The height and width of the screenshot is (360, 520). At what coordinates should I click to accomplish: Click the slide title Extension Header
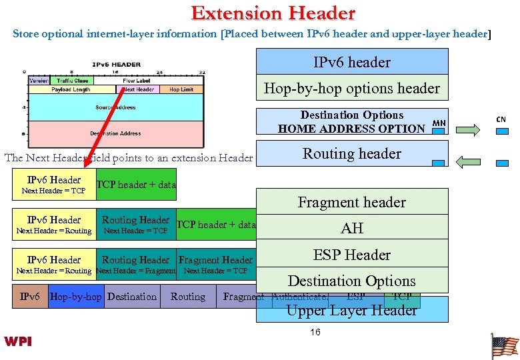(273, 13)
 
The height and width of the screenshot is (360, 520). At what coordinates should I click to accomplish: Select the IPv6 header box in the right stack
(352, 62)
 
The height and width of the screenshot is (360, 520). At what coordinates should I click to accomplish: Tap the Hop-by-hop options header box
(352, 88)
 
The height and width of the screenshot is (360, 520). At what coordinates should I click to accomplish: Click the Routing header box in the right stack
(352, 153)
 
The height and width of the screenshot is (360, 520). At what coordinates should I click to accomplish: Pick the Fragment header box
(352, 202)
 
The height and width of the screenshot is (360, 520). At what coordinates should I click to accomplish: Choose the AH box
(352, 228)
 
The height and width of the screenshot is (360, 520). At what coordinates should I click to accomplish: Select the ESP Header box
(352, 255)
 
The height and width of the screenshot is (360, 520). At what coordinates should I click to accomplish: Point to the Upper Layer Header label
(352, 310)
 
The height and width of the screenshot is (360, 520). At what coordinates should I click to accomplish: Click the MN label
(439, 123)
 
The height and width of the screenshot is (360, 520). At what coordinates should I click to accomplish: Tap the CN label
(501, 119)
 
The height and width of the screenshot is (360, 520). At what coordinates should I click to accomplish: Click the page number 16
(315, 332)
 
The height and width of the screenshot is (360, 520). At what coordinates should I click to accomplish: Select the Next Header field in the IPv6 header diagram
(138, 89)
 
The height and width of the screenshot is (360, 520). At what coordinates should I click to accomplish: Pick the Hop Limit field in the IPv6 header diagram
(181, 89)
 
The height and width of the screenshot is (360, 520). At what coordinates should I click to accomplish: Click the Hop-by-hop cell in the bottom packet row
(76, 297)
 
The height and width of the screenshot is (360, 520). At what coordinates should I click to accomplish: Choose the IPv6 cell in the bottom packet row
(30, 297)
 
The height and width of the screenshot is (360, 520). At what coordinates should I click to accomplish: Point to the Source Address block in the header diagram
(115, 107)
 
